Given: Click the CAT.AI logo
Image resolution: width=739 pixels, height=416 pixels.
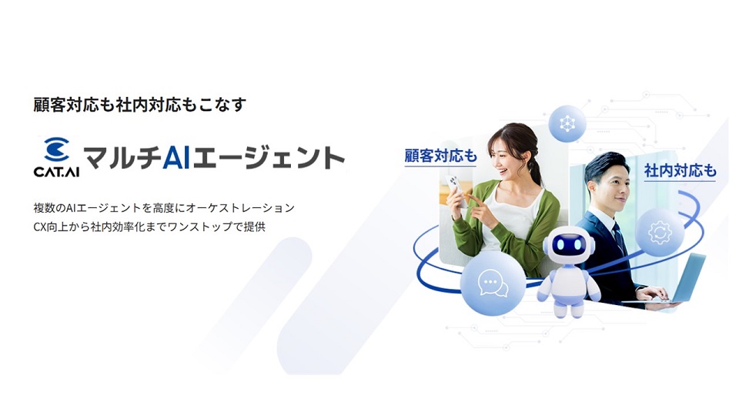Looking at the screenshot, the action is [x=56, y=157].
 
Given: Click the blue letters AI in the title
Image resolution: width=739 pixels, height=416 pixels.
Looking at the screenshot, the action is [x=177, y=158].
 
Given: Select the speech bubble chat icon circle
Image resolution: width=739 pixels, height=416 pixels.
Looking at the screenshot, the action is [x=493, y=283].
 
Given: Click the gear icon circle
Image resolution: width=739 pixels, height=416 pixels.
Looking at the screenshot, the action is [x=660, y=232].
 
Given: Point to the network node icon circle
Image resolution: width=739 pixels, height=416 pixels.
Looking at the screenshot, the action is [x=567, y=123].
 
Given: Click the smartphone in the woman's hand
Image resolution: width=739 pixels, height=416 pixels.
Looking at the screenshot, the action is [x=456, y=190].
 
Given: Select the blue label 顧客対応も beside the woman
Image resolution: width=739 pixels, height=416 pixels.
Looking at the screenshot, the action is [x=441, y=156].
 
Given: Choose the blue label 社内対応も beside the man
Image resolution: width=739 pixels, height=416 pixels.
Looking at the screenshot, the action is [x=680, y=170].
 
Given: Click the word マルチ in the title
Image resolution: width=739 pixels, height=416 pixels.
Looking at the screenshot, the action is [x=122, y=158].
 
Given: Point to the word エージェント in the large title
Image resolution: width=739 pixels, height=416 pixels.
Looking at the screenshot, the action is [x=269, y=158].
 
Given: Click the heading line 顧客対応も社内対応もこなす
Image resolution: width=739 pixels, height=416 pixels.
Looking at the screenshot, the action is [x=139, y=105].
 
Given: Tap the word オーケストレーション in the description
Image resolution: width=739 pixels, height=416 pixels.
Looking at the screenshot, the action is [x=241, y=208].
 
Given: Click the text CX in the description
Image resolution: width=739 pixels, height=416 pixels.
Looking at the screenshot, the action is [x=40, y=226].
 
